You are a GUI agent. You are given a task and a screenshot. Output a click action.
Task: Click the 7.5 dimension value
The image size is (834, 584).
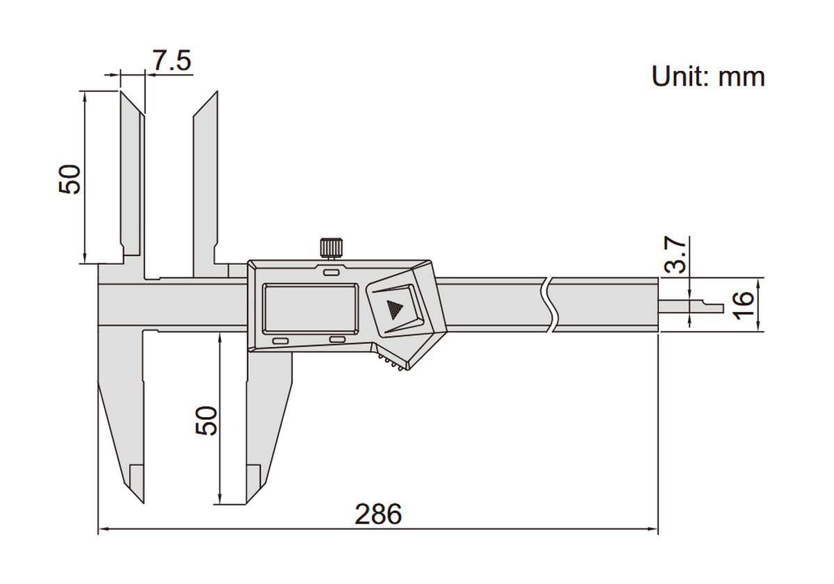tap(172, 61)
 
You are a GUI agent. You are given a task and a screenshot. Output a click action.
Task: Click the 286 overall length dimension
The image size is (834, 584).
tap(378, 514)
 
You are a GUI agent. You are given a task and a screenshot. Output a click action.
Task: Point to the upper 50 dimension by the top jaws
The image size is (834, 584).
tap(70, 179)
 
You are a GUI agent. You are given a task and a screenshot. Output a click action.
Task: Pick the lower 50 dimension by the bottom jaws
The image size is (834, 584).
tap(206, 420)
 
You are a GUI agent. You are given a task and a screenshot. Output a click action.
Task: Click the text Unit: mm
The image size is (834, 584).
tap(708, 76)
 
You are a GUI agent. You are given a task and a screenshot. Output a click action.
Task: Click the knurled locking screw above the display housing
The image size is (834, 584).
tap(332, 247)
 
